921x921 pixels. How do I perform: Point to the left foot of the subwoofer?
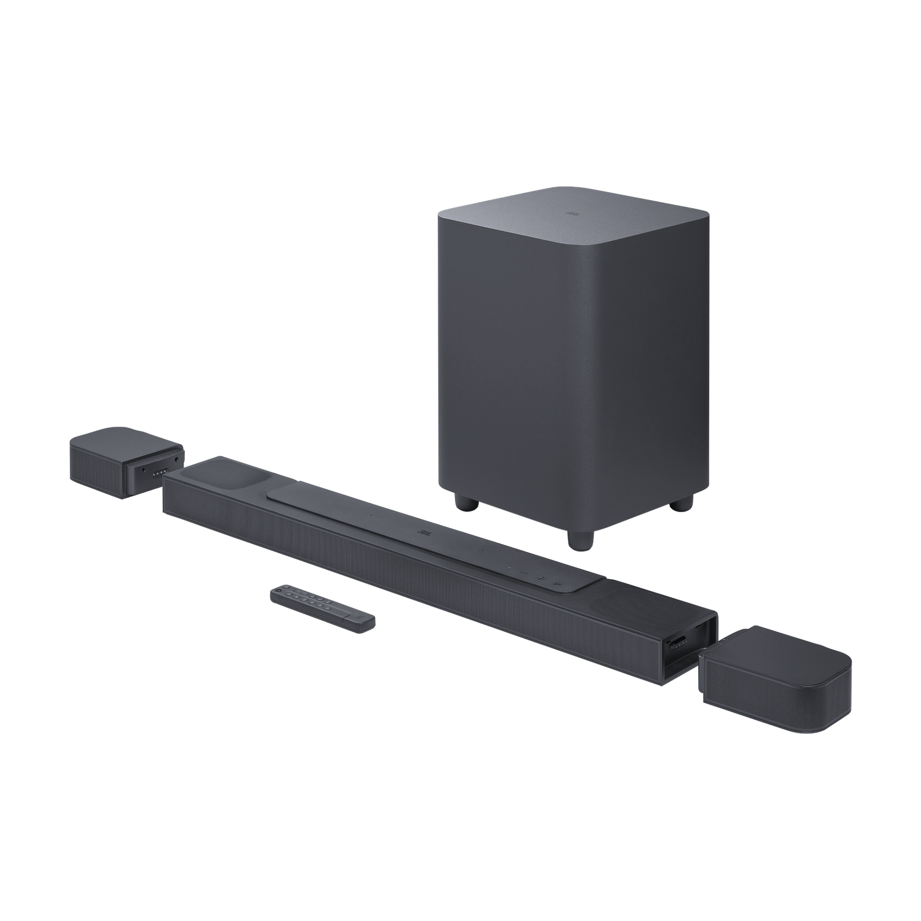pos(466,500)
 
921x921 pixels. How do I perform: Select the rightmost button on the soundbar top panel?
pos(556,581)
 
